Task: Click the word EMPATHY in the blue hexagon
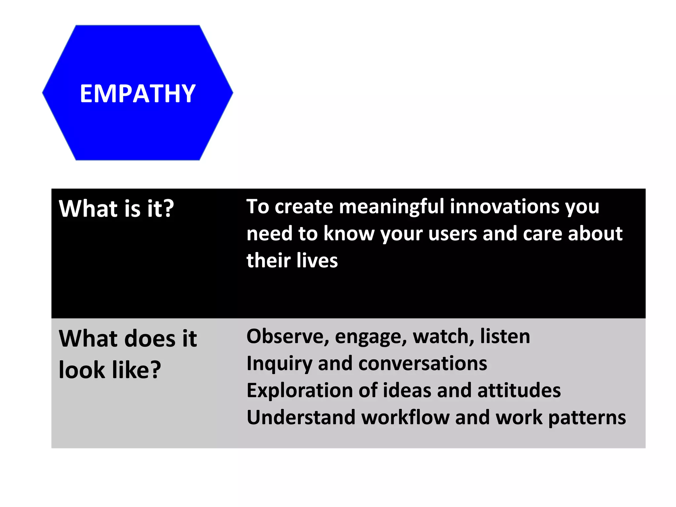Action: [x=138, y=94]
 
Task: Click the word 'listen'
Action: [x=505, y=336]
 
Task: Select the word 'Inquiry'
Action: [x=279, y=364]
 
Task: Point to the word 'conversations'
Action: [x=422, y=364]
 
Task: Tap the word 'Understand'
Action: [x=301, y=418]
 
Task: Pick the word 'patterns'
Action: [x=587, y=418]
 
